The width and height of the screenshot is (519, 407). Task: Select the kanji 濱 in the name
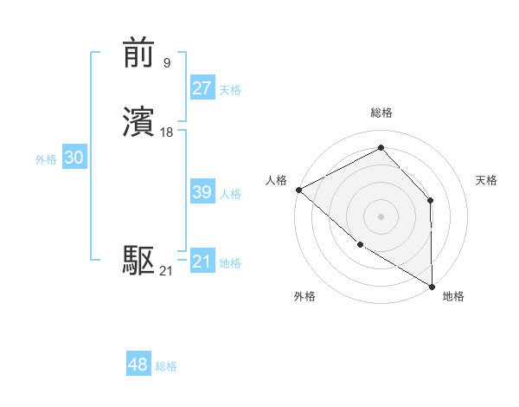(139, 123)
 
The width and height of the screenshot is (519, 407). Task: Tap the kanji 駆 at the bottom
(139, 261)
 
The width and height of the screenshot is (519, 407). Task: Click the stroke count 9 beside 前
(166, 62)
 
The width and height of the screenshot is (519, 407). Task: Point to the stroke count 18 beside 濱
(167, 132)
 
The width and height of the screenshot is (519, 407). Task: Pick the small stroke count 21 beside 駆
(166, 271)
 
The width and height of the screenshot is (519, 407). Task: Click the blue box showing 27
(202, 89)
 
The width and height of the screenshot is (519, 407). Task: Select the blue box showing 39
(202, 193)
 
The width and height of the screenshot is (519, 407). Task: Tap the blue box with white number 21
(202, 262)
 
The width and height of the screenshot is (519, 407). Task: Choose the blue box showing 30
(74, 158)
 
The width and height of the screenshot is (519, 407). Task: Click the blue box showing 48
(138, 365)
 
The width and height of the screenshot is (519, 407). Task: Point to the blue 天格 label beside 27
(230, 90)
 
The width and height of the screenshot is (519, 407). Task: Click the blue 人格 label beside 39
(230, 194)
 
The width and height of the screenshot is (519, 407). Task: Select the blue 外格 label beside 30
(46, 159)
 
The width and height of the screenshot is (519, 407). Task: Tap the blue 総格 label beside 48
(166, 366)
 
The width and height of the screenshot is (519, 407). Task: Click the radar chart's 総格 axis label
(381, 113)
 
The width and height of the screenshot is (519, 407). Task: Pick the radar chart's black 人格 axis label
(277, 180)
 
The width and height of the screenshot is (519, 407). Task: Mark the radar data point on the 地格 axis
(432, 286)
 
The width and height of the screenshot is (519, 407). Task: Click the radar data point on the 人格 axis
(298, 190)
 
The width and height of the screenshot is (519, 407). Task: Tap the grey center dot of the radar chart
(381, 216)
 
